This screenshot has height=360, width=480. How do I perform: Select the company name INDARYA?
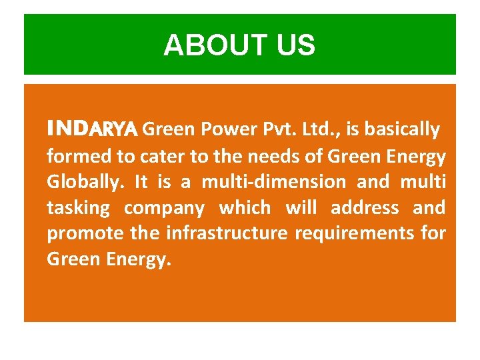[92, 127]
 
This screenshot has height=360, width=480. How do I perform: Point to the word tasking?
[78, 208]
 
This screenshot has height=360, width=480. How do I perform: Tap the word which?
[245, 208]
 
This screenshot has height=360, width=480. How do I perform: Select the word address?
[365, 208]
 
